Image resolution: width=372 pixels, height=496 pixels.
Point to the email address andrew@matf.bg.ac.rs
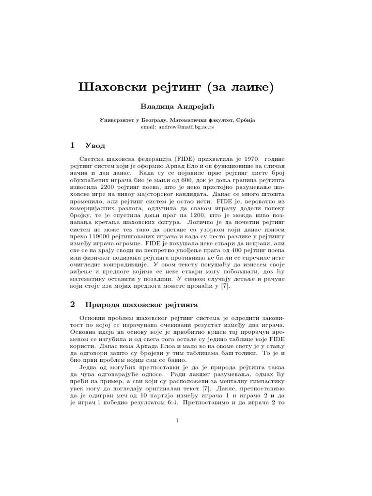186,126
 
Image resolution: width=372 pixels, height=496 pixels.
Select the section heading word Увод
95,145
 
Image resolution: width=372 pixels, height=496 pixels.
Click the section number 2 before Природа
73,305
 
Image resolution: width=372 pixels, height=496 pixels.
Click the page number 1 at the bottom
178,421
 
